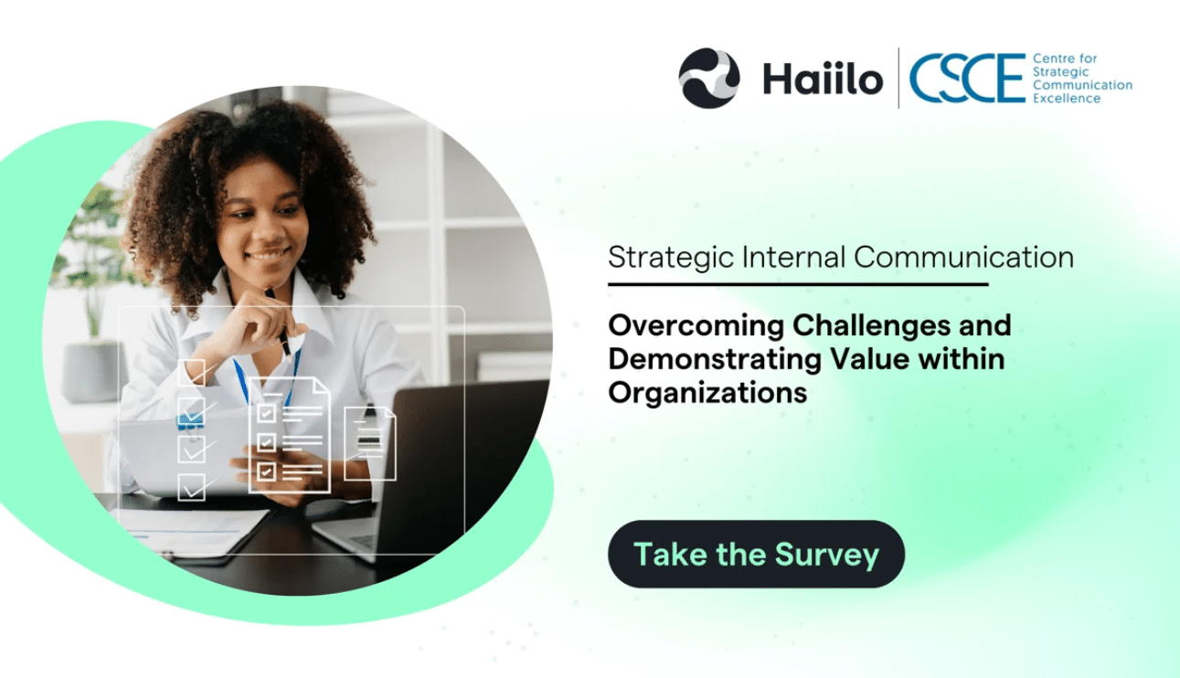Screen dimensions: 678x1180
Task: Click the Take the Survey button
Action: [x=756, y=554]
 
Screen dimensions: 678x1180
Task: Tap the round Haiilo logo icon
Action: [x=709, y=79]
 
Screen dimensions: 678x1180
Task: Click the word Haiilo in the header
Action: [x=823, y=79]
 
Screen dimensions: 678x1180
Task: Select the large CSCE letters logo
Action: [x=967, y=79]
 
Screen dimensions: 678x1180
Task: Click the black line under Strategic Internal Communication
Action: [x=798, y=284]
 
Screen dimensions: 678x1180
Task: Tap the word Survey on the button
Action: [x=827, y=554]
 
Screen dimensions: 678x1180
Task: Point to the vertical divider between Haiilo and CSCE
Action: [x=899, y=79]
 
